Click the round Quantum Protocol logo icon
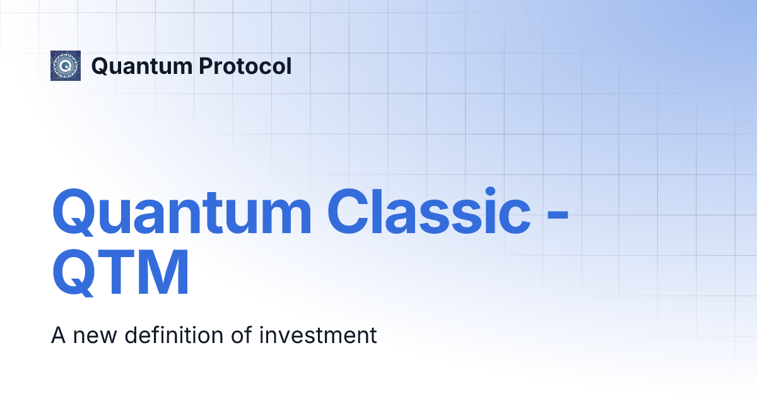pyautogui.click(x=66, y=66)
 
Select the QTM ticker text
pyautogui.click(x=120, y=275)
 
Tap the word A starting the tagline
pyautogui.click(x=58, y=335)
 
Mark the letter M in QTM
pyautogui.click(x=164, y=275)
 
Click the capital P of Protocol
pyautogui.click(x=200, y=66)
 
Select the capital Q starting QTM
pyautogui.click(x=76, y=275)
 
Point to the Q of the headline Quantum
pyautogui.click(x=76, y=212)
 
